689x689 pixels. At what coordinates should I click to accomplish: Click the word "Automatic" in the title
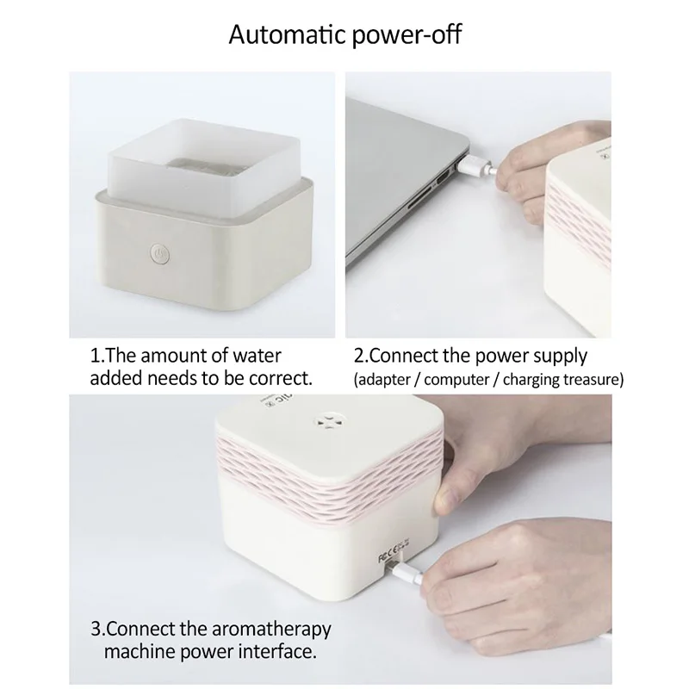pos(288,34)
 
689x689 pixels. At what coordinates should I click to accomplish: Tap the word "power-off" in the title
pos(407,35)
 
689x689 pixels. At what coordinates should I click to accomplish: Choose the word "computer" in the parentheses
pos(456,380)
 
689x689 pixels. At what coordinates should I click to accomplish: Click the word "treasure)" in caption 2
pos(593,379)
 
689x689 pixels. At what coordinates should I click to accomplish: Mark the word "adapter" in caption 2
pos(384,380)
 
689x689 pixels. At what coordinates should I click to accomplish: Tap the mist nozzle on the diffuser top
pos(327,419)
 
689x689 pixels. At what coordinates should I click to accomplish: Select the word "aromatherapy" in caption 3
pos(271,630)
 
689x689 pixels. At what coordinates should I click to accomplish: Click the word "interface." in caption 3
pos(276,652)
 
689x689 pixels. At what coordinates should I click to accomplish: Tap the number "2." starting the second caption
pos(361,357)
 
